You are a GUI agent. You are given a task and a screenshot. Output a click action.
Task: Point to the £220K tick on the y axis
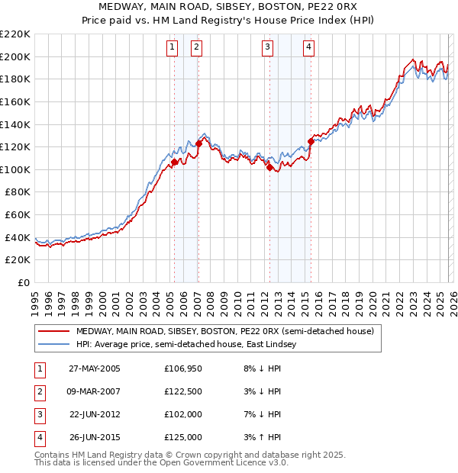pyautogui.click(x=15, y=34)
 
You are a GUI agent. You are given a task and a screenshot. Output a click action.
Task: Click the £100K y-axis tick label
pyautogui.click(x=15, y=169)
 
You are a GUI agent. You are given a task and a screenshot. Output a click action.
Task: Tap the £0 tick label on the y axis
pyautogui.click(x=24, y=282)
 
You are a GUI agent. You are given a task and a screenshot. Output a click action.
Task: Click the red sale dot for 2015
pyautogui.click(x=311, y=141)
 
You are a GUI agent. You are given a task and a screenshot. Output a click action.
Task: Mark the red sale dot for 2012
pyautogui.click(x=269, y=167)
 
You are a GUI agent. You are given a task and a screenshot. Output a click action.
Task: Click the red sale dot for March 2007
pyautogui.click(x=198, y=143)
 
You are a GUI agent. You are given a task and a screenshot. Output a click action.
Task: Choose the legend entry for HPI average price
pyautogui.click(x=191, y=345)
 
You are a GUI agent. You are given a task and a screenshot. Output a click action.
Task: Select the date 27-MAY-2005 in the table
pyautogui.click(x=95, y=368)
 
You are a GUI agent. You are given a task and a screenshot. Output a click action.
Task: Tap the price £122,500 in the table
pyautogui.click(x=183, y=391)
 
